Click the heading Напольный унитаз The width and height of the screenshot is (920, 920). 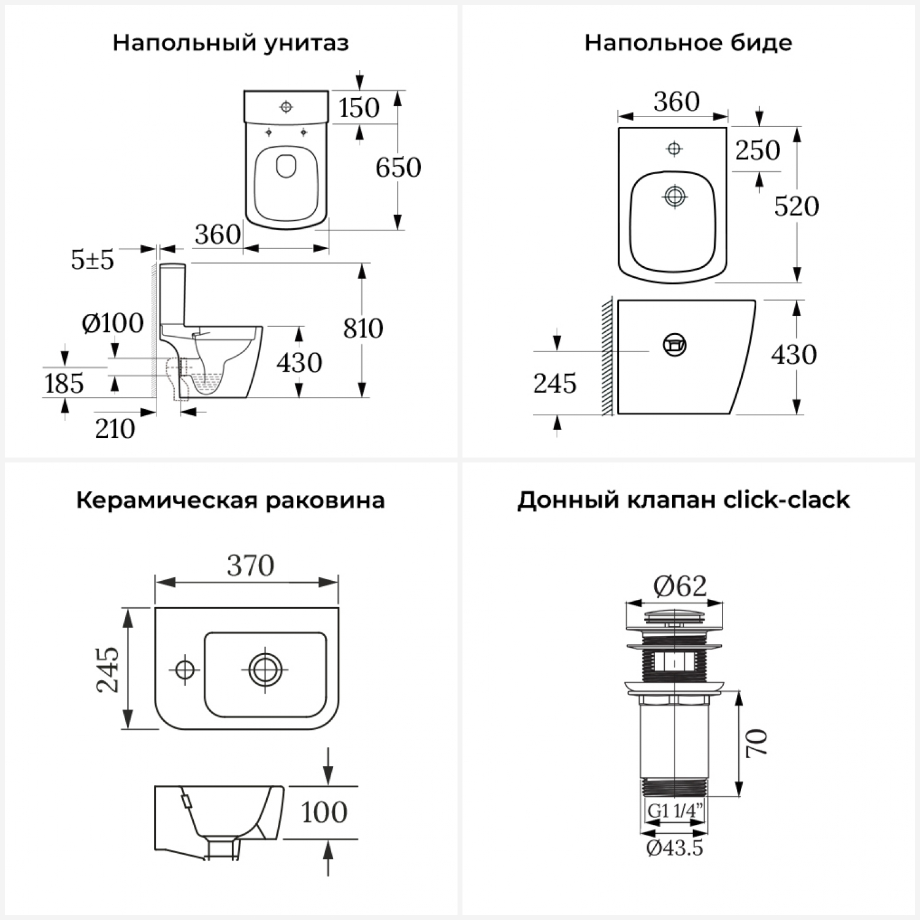tap(231, 43)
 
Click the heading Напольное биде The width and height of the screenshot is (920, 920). tap(688, 42)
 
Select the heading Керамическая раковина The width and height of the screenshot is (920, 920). tap(231, 500)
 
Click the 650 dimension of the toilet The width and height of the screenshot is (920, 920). tap(399, 167)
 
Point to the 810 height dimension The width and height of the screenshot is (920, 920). tap(363, 329)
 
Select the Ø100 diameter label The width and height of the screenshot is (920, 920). tap(113, 323)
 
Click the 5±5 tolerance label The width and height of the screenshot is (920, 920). tap(93, 260)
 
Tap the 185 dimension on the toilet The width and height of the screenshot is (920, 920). tap(64, 384)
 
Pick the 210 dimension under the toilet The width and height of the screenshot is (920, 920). tap(115, 429)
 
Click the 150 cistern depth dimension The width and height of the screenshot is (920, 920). tap(359, 108)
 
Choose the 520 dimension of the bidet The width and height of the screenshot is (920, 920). tap(797, 206)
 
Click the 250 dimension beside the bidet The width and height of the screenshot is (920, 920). tap(758, 150)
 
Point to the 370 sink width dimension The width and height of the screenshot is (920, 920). tap(250, 565)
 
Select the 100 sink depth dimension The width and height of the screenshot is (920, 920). tap(324, 813)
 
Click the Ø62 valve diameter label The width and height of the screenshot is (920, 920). tap(680, 586)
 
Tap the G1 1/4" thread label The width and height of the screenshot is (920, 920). tap(675, 811)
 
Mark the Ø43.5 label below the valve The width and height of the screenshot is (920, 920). tap(675, 848)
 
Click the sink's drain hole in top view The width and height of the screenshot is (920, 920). tap(266, 670)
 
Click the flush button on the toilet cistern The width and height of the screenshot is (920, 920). tap(286, 107)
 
